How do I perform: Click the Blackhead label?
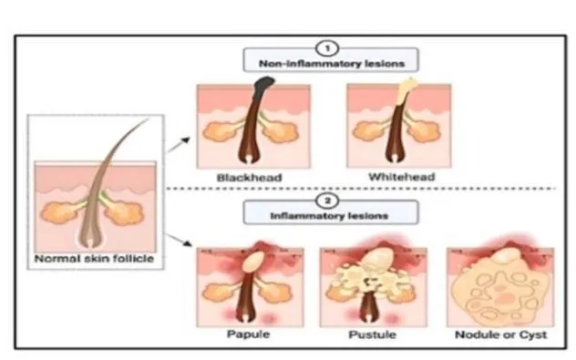pos(250,178)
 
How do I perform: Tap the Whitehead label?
pos(402,177)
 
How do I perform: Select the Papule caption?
pos(248,334)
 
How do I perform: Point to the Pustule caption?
pos(372,334)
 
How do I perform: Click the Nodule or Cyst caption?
pos(501,334)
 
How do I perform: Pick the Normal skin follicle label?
pos(94,259)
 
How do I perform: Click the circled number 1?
pos(327,48)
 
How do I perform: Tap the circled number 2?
pos(327,201)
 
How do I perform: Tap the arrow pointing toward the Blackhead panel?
pos(179,144)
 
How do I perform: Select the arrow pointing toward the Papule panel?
pos(180,240)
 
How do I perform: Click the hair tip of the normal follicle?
pos(148,118)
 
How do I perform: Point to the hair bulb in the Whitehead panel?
pos(394,157)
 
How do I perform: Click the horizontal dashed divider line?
pos(361,189)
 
